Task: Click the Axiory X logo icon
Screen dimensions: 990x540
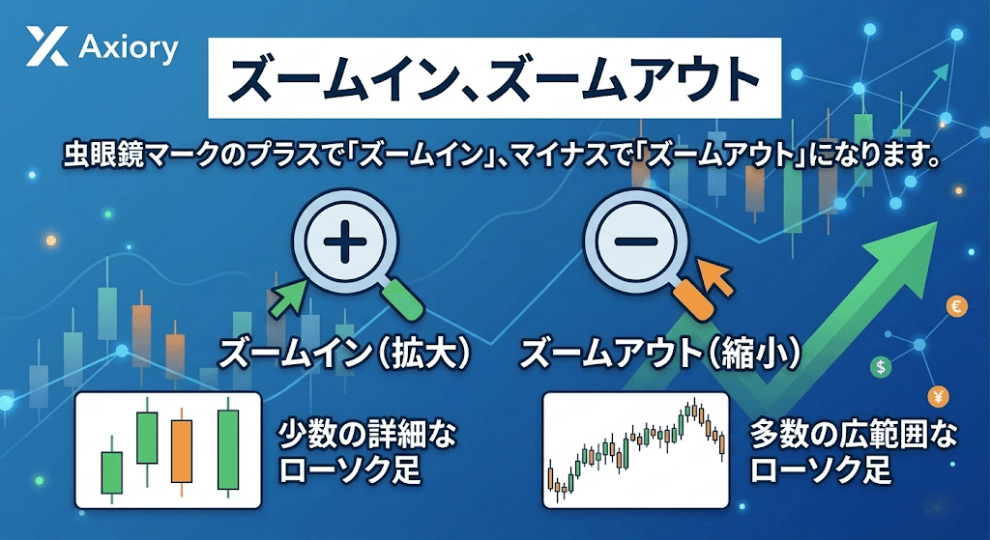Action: [x=47, y=47]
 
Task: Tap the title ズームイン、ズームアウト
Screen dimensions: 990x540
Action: [x=494, y=79]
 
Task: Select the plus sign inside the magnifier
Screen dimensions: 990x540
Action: [x=345, y=242]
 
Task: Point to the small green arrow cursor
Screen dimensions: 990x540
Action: [x=288, y=298]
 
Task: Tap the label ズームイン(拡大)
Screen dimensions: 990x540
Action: [x=345, y=354]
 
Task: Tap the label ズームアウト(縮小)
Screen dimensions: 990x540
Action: [x=659, y=354]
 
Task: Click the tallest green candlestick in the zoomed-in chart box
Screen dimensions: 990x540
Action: [x=228, y=448]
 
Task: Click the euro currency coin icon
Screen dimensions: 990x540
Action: [x=956, y=307]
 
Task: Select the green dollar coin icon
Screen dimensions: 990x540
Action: [x=881, y=366]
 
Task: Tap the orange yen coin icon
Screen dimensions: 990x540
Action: [x=939, y=397]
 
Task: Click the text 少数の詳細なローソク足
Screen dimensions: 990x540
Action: [x=366, y=452]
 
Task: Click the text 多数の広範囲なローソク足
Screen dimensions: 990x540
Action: [x=854, y=452]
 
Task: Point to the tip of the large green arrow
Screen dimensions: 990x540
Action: [x=937, y=222]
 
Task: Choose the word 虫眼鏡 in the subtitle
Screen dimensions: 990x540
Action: [x=100, y=156]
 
